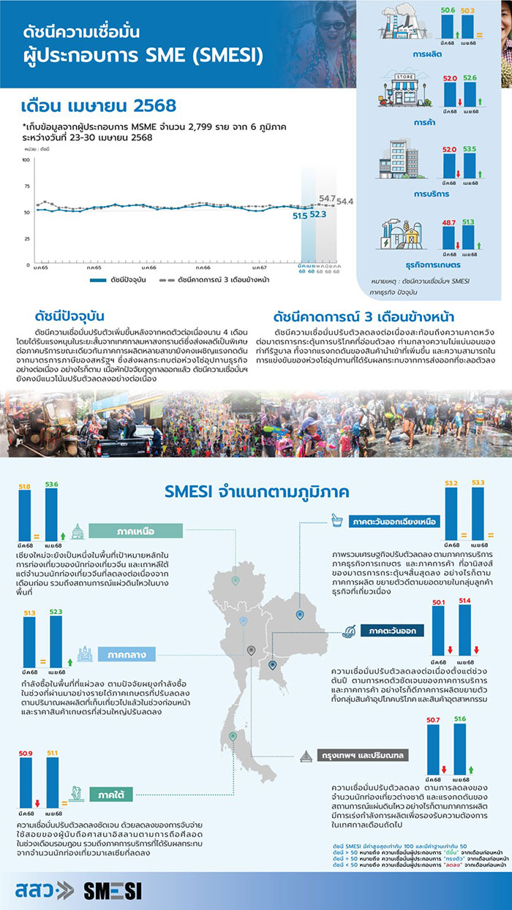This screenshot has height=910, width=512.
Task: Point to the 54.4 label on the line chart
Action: pos(345,201)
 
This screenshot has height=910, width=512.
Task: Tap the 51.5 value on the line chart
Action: pos(300,216)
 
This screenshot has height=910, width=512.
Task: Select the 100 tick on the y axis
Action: pos(26,160)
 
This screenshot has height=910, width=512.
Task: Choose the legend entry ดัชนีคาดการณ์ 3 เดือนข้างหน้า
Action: pos(213,280)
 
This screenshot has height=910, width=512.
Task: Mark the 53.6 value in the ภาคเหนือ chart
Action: pos(51,484)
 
